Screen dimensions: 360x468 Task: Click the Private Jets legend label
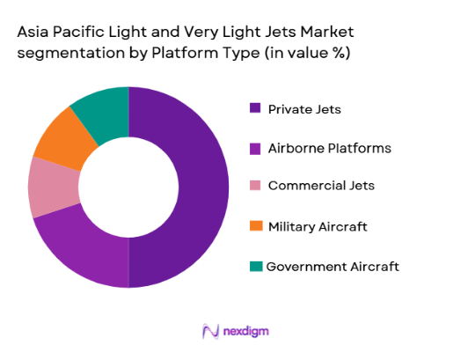(x=303, y=109)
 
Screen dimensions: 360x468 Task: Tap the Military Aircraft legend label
(x=318, y=226)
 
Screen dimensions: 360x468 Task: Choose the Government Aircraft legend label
(x=333, y=266)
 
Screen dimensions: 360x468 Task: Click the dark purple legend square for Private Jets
(x=255, y=109)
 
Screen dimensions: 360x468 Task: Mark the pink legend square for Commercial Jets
(x=255, y=187)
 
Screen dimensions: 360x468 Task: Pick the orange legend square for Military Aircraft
(x=255, y=226)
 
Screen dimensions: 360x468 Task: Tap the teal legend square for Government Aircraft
(x=255, y=266)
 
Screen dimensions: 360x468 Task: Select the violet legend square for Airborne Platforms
(x=255, y=148)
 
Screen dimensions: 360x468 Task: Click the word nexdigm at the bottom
(x=246, y=331)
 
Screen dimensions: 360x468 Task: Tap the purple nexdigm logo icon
(x=209, y=331)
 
